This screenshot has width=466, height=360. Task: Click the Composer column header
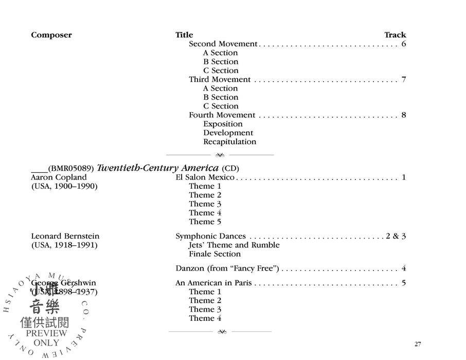[x=51, y=35]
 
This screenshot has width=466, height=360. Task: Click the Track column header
[x=395, y=35]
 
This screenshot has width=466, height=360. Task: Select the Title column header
[x=184, y=35]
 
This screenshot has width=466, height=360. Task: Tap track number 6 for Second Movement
[x=404, y=44]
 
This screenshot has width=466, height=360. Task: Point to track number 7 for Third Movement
[x=404, y=79]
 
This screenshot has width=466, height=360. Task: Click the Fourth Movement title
[x=222, y=115]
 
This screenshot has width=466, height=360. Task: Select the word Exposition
[x=223, y=124]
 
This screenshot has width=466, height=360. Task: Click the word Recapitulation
[x=229, y=141]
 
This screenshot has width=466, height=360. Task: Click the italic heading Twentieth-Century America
[x=158, y=168]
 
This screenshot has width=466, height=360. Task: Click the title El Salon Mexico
[x=205, y=177]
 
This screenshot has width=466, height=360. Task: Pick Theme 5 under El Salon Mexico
[x=205, y=222]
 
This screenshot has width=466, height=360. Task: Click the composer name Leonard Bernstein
[x=65, y=236]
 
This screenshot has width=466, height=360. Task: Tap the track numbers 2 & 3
[x=396, y=236]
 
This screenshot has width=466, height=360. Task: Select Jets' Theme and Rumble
[x=234, y=245]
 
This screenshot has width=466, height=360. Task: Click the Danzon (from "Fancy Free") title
[x=227, y=268]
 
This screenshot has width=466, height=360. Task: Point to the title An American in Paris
[x=213, y=283]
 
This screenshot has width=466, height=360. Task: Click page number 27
[x=418, y=344]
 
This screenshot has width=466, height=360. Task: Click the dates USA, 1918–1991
[x=64, y=245]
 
